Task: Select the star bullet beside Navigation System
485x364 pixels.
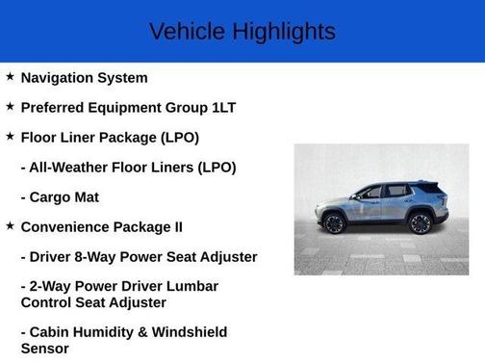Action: tap(10, 76)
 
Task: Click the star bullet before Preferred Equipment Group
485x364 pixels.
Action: tap(10, 106)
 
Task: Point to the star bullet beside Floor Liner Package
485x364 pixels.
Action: tap(10, 136)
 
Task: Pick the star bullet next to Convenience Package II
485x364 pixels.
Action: tap(10, 225)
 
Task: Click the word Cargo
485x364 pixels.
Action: tap(50, 196)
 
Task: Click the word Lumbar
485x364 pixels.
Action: tap(194, 286)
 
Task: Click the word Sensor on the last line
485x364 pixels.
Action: tap(44, 348)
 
